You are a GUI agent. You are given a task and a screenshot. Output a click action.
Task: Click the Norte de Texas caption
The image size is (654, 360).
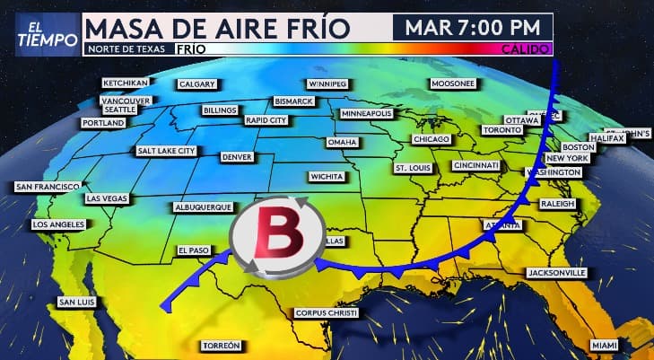pyautogui.click(x=126, y=48)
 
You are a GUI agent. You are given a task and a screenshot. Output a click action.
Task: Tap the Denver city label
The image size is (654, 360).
pyautogui.click(x=238, y=157)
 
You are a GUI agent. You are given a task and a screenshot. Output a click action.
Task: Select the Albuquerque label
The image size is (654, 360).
pyautogui.click(x=203, y=206)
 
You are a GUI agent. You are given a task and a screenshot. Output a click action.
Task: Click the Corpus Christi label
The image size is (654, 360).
pyautogui.click(x=327, y=312)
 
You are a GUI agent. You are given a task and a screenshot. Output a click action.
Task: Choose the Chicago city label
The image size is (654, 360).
pyautogui.click(x=431, y=139)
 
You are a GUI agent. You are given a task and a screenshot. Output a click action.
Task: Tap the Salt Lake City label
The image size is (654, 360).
pyautogui.click(x=165, y=151)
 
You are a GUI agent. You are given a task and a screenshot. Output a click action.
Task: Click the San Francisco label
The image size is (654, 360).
pyautogui.click(x=48, y=187)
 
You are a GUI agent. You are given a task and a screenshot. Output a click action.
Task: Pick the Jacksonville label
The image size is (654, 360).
pyautogui.click(x=556, y=272)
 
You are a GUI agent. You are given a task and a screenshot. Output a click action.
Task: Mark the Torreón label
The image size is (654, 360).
pyautogui.click(x=221, y=346)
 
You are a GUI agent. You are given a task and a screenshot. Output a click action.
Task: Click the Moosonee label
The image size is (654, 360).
pyautogui.click(x=451, y=83)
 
